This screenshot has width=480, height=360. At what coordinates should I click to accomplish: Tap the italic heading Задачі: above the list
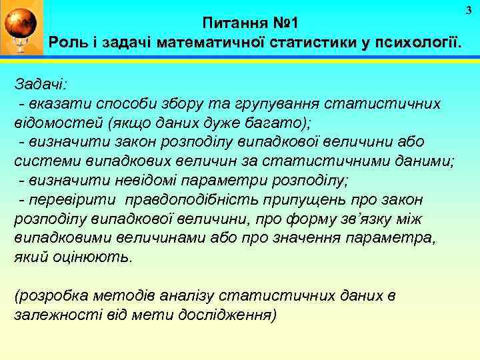tap(40, 85)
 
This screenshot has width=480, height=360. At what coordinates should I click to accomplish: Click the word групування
tap(281, 104)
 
